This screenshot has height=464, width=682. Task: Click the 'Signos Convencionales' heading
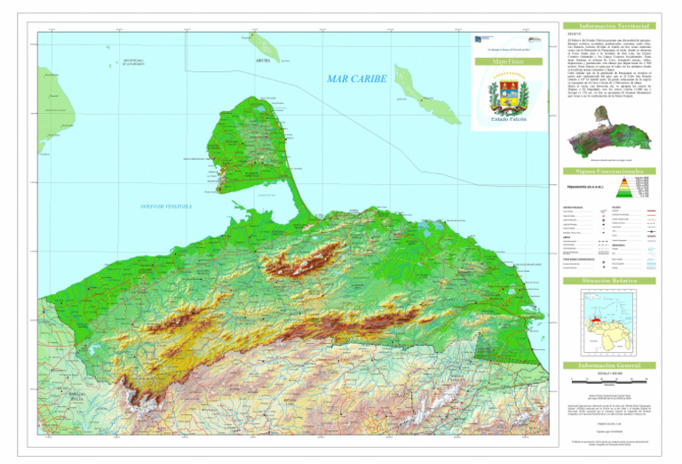coord(608,171)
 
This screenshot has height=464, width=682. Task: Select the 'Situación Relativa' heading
coord(608,280)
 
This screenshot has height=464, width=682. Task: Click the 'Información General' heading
coord(608,364)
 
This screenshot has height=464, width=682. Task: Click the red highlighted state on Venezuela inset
coord(598,315)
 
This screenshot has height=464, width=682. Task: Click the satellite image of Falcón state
coord(609,141)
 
